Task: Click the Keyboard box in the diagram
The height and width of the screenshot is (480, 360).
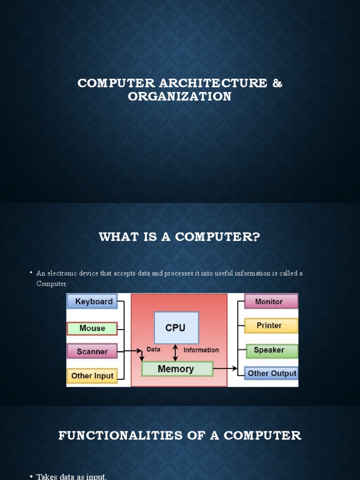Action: (x=94, y=301)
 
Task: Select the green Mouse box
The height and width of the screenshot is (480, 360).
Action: (x=92, y=328)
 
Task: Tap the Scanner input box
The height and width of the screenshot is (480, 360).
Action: (x=92, y=351)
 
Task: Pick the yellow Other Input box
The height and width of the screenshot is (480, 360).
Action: (x=92, y=375)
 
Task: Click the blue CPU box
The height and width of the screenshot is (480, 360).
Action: (x=176, y=328)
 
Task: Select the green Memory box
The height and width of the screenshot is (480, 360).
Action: (x=176, y=369)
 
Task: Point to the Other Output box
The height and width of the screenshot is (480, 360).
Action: (x=271, y=374)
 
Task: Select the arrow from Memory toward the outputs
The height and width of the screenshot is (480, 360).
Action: (x=225, y=368)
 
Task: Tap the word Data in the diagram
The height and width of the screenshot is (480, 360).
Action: (x=153, y=349)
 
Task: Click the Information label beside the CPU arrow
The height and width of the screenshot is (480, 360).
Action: (x=201, y=350)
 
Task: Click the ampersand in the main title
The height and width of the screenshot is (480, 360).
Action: (x=277, y=83)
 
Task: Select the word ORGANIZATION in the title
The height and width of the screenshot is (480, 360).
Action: (x=180, y=97)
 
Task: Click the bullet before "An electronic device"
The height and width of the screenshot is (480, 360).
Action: (x=31, y=272)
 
